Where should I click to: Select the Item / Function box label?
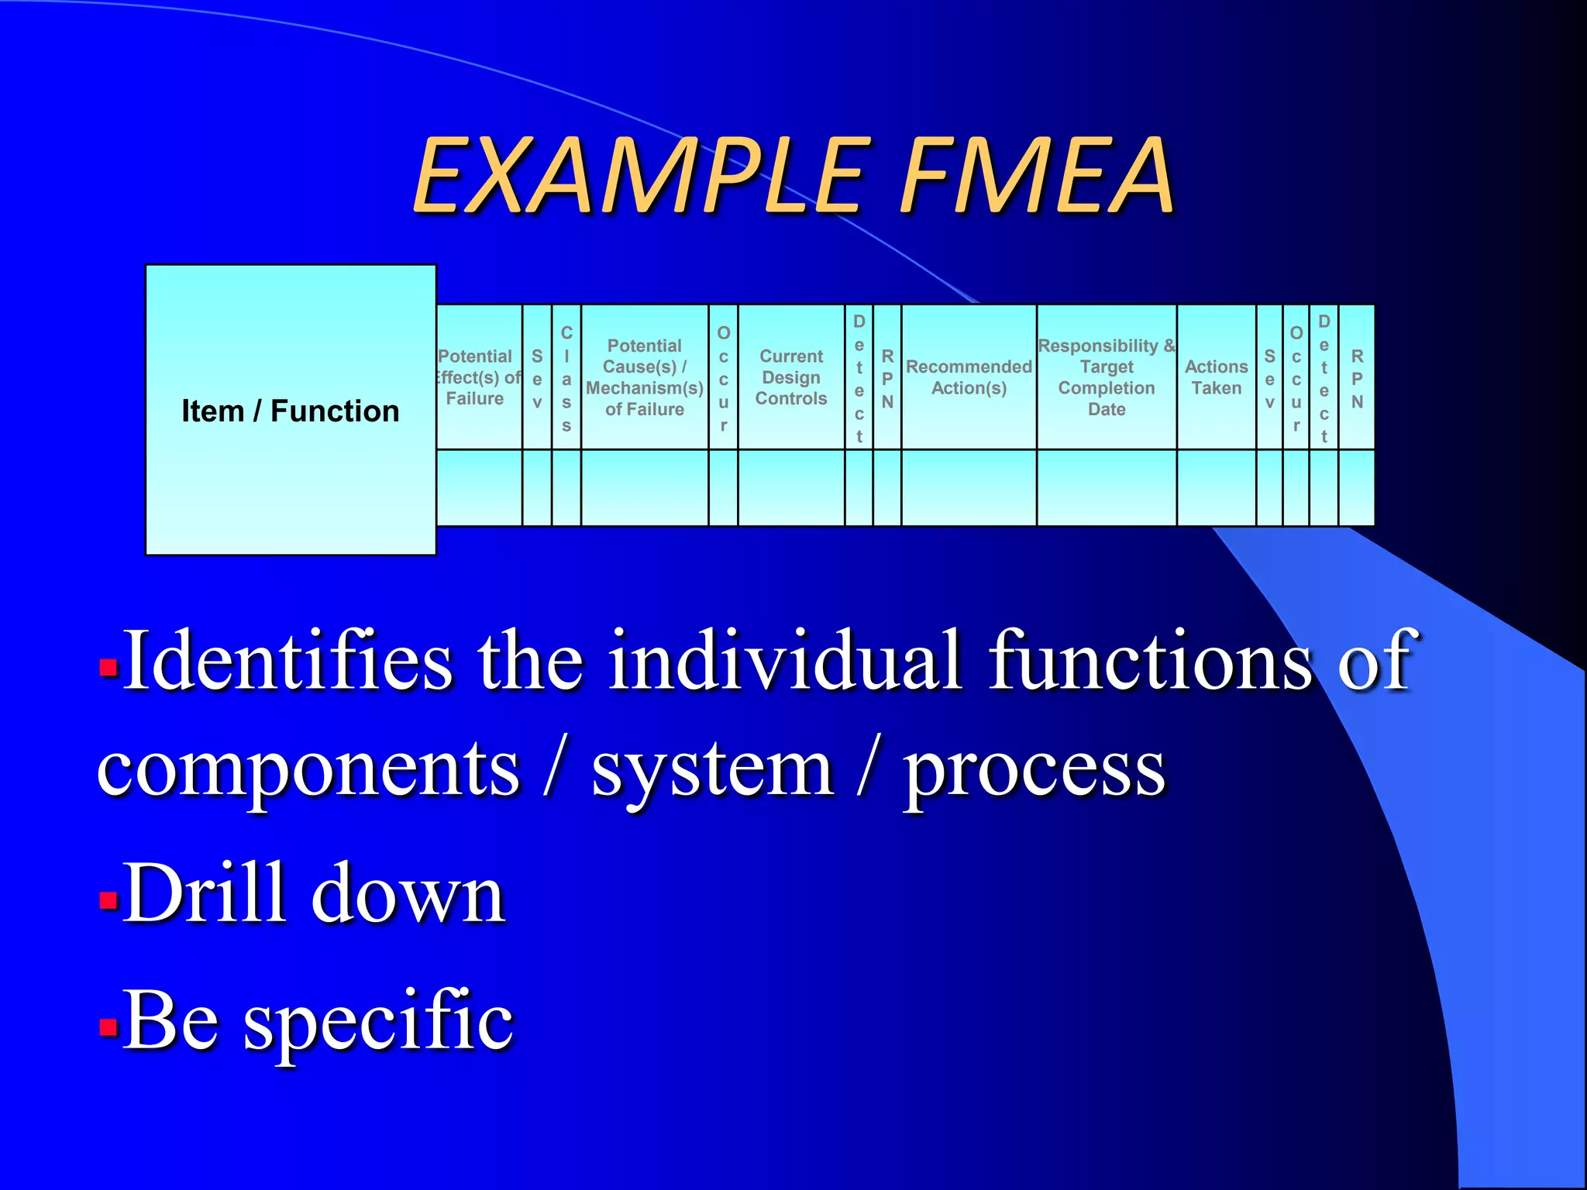[x=290, y=411]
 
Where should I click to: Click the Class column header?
[x=566, y=378]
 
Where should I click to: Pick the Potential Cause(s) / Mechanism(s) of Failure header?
[x=645, y=377]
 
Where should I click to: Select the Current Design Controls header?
[x=791, y=377]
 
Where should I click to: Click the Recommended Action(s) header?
[x=969, y=377]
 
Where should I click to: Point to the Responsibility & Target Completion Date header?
[x=1107, y=377]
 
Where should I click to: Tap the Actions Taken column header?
[x=1216, y=377]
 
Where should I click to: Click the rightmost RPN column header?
[x=1357, y=378]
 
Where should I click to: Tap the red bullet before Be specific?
[x=108, y=1027]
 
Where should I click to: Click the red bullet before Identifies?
[x=108, y=666]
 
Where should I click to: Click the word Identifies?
[x=287, y=660]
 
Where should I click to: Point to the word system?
[x=712, y=770]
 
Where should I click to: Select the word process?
[x=1034, y=772]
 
